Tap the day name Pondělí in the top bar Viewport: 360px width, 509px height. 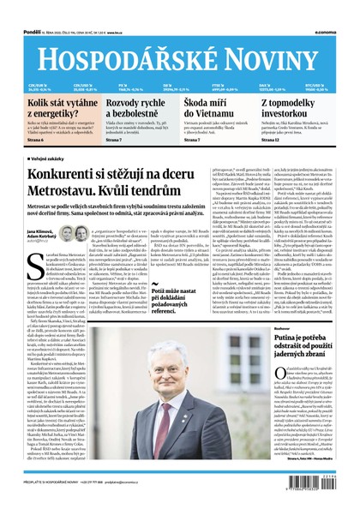pos(15,8)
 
